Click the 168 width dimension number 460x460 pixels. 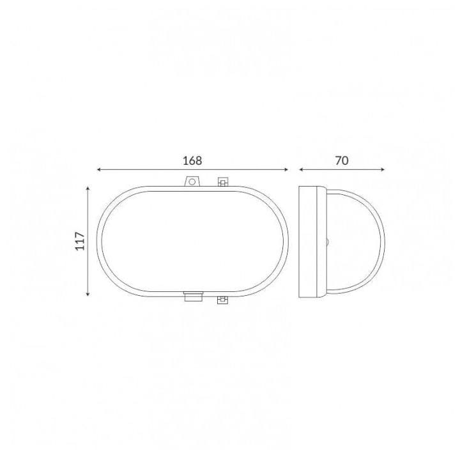(x=192, y=161)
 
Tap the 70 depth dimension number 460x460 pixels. (x=342, y=161)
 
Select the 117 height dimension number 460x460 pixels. (x=80, y=241)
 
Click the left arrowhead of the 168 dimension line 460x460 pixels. (x=99, y=169)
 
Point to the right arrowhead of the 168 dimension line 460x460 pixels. (x=286, y=169)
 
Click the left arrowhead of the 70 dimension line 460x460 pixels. (x=301, y=169)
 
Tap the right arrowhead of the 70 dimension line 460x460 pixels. (x=382, y=169)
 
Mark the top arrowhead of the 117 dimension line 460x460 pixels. (x=88, y=188)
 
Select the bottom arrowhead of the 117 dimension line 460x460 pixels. (x=88, y=294)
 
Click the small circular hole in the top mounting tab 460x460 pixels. (x=192, y=182)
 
